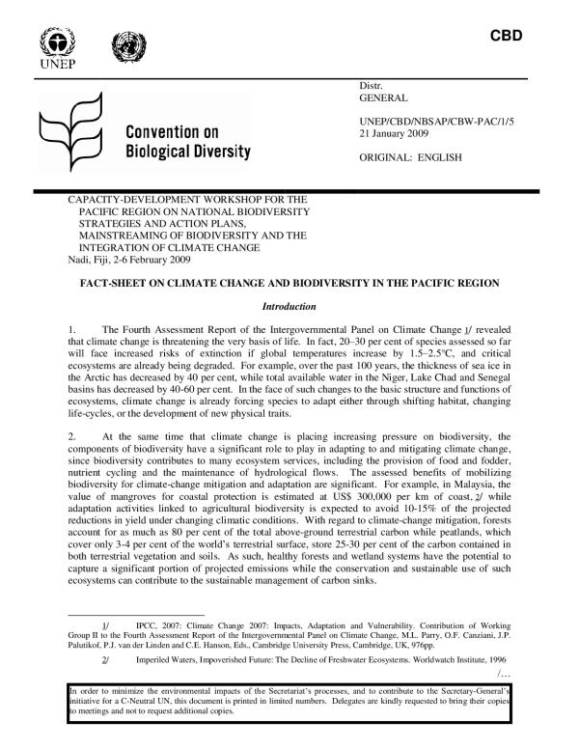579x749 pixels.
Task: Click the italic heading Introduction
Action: [289, 307]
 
